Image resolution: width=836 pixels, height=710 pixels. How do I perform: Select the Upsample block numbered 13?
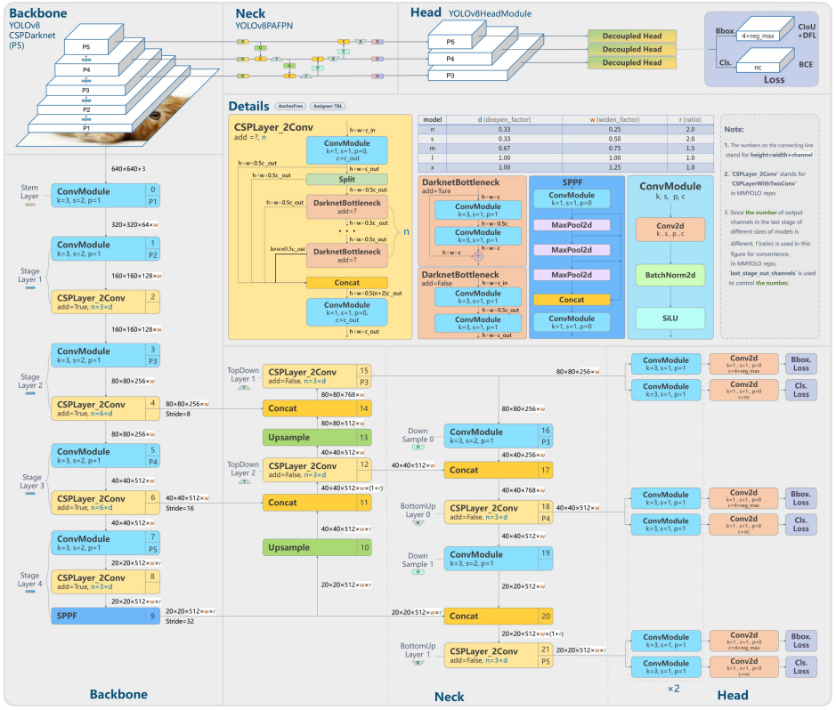[x=317, y=438]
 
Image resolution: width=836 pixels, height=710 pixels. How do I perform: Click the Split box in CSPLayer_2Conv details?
[x=346, y=179]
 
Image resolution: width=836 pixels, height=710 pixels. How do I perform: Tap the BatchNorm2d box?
[x=670, y=276]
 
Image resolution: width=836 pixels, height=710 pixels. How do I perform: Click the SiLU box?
[x=670, y=318]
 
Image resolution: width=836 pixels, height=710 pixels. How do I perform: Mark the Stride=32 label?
[x=181, y=621]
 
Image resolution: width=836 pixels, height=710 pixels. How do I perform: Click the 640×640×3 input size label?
[x=128, y=168]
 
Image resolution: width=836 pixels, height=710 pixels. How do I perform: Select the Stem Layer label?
[x=30, y=191]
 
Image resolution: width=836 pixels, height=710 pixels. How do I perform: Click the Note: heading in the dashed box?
[x=735, y=130]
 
